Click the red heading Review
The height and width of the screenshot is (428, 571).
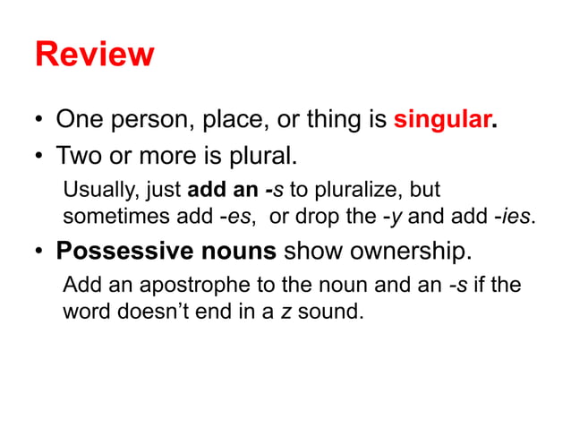point(94,55)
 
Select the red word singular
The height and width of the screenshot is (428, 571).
point(442,119)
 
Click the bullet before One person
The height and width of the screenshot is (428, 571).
point(39,120)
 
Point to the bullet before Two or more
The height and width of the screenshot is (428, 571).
point(39,158)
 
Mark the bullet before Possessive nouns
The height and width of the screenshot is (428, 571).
point(39,252)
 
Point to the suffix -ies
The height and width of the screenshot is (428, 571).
point(516,216)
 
